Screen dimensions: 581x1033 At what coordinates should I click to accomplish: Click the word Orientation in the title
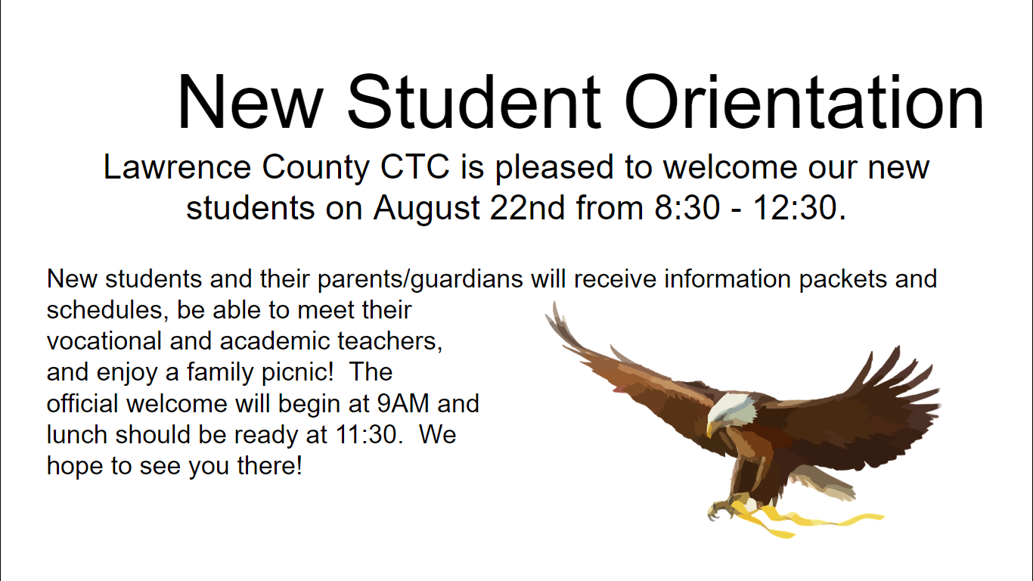804,101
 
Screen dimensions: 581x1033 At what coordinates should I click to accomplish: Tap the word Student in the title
474,101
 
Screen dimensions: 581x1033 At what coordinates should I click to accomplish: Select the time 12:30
799,208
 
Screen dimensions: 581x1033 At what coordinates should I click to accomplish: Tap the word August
427,208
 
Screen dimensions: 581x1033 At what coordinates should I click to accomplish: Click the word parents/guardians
420,279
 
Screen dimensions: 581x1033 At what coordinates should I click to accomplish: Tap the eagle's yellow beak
711,427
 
